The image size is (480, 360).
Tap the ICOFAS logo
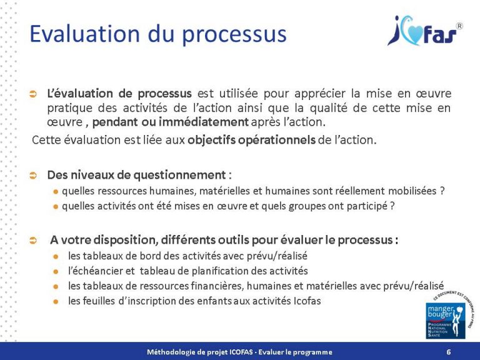pyautogui.click(x=425, y=32)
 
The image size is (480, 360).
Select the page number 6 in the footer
pyautogui.click(x=449, y=352)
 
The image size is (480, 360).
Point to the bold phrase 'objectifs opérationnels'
pyautogui.click(x=251, y=139)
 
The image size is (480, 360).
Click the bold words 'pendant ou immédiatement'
pyautogui.click(x=188, y=121)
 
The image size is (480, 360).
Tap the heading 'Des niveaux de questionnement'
pyautogui.click(x=137, y=174)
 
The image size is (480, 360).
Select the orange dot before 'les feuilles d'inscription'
pyautogui.click(x=56, y=301)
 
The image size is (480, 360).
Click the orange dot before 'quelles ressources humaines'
pyautogui.click(x=56, y=191)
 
